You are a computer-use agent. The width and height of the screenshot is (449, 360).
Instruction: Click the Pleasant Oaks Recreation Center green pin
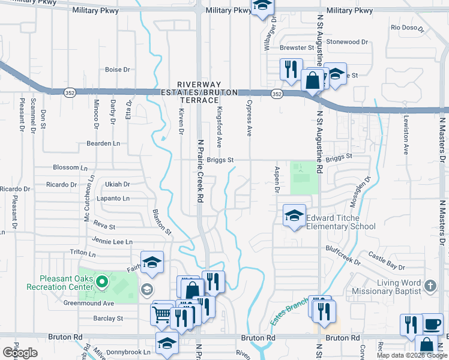pos(101,281)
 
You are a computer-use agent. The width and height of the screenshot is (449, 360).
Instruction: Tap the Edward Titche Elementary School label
pos(341,222)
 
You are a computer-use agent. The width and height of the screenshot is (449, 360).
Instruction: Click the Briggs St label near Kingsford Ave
pos(220,160)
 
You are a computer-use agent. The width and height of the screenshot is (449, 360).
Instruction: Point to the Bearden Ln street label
pos(103,143)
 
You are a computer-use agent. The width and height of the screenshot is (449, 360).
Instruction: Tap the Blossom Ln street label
pos(66,167)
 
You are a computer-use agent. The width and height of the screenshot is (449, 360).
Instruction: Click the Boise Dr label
pos(118,70)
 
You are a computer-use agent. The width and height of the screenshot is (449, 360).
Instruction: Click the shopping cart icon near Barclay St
pos(161,314)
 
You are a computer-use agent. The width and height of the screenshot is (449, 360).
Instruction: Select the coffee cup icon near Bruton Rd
pos(432,325)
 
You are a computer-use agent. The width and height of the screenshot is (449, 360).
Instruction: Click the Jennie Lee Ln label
pos(112,241)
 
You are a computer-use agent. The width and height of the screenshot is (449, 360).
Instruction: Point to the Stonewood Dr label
pos(347,42)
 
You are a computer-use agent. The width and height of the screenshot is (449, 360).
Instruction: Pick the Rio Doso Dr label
pos(408,28)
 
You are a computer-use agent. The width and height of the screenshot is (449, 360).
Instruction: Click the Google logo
pos(20,352)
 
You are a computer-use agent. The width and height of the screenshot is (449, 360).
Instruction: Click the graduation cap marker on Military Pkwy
pos(262,7)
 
